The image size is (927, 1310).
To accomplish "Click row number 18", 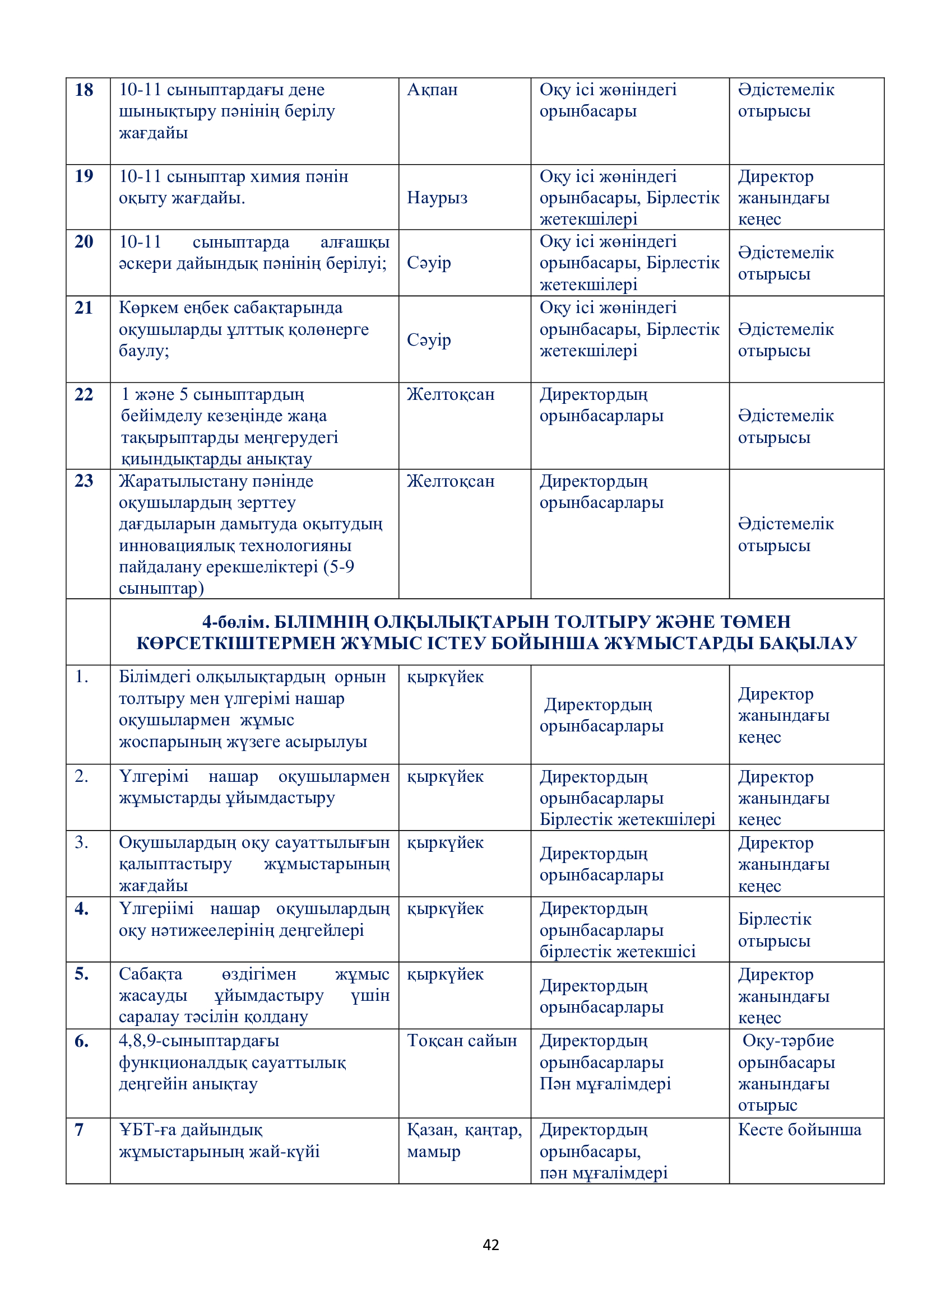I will coord(84,90).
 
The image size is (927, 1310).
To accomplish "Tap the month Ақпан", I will coord(432,90).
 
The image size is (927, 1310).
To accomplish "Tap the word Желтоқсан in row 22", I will coord(451,394).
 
